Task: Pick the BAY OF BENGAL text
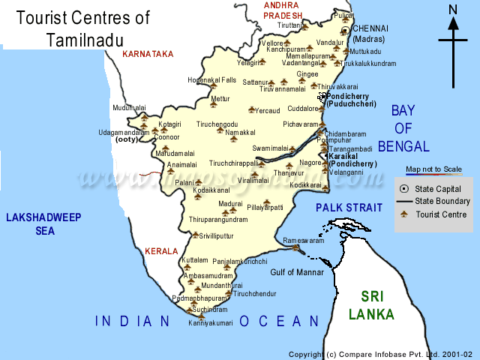403,128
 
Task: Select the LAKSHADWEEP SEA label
37,224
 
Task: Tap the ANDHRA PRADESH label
282,10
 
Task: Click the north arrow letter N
453,9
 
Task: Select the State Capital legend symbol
404,189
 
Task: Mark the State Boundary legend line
404,202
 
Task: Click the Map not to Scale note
434,169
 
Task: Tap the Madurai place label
230,203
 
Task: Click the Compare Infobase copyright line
380,354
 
